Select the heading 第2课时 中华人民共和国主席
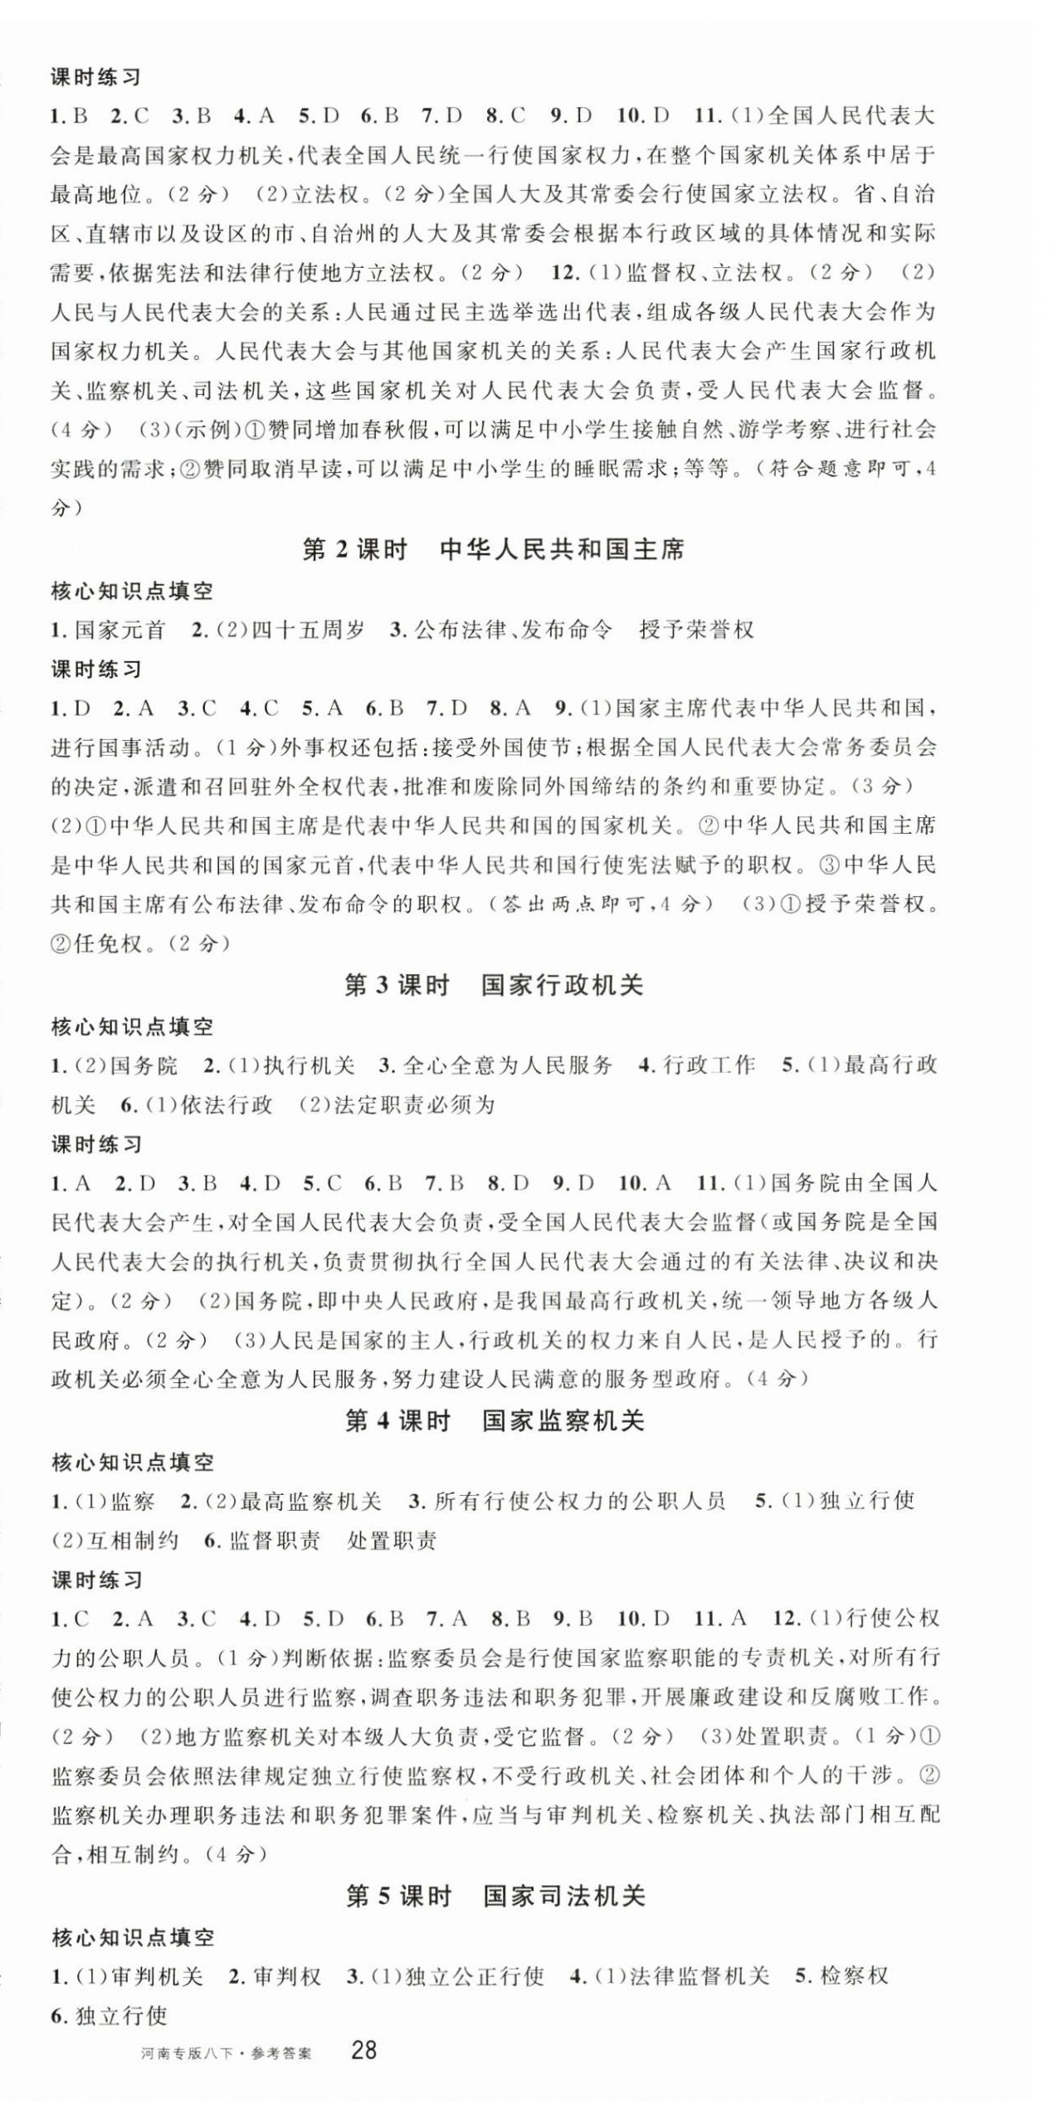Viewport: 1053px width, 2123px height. [493, 549]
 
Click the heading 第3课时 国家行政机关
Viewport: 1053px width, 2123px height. [493, 986]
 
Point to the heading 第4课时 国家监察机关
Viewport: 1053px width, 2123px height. [494, 1421]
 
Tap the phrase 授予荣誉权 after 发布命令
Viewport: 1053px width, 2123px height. [696, 630]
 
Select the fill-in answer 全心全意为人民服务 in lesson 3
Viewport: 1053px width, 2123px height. [508, 1065]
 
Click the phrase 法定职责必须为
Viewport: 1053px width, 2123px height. [412, 1105]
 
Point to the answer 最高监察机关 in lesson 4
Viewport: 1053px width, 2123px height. [310, 1501]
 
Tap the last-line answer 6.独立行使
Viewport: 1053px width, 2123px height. [110, 2015]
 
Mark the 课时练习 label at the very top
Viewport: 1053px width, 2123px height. [96, 78]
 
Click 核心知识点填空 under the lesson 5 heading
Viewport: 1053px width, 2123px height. [133, 1938]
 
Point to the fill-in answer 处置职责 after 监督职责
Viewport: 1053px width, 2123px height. [392, 1541]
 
